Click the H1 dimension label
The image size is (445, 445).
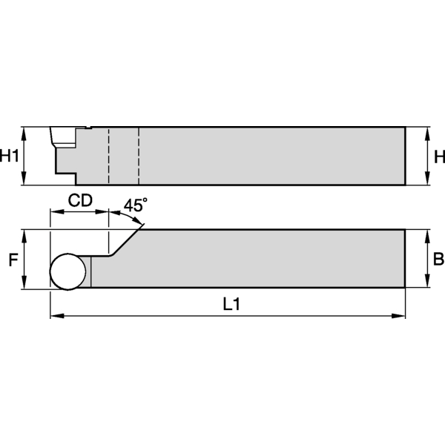pos(10,156)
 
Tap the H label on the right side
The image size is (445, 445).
pos(438,156)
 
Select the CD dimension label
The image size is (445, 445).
pos(80,200)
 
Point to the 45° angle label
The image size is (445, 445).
pos(135,205)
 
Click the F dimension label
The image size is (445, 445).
pos(12,260)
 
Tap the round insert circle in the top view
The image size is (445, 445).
pos(67,271)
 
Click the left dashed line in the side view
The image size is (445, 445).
pos(109,156)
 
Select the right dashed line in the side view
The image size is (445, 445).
pos(138,156)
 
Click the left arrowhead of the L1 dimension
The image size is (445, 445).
pos(54,317)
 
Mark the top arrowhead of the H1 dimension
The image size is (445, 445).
pos(25,132)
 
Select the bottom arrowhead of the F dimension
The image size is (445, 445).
pos(25,284)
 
